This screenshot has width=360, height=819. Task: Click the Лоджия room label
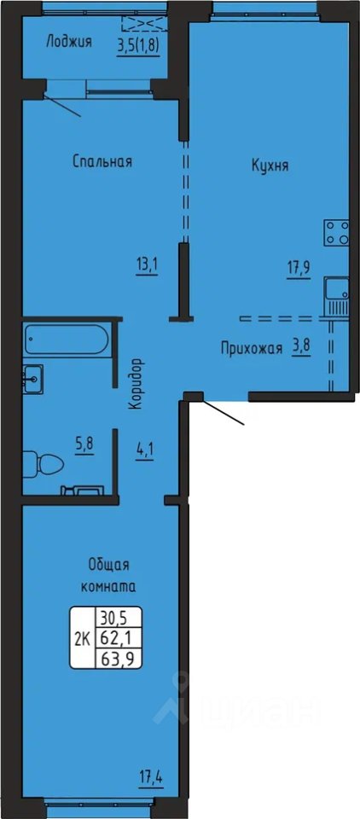pyautogui.click(x=69, y=42)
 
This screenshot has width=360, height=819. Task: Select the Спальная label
pyautogui.click(x=102, y=162)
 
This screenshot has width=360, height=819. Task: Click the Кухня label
pyautogui.click(x=270, y=166)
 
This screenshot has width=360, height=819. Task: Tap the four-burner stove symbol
pyautogui.click(x=336, y=232)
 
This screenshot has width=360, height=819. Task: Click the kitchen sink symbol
pyautogui.click(x=336, y=296)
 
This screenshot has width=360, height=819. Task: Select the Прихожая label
pyautogui.click(x=252, y=348)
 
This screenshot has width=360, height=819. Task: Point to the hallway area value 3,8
pyautogui.click(x=301, y=348)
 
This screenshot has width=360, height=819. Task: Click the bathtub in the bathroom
pyautogui.click(x=67, y=340)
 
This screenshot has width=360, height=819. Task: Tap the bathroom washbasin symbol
pyautogui.click(x=33, y=378)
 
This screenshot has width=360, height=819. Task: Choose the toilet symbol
pyautogui.click(x=43, y=464)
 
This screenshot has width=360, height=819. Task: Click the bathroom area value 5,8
pyautogui.click(x=84, y=447)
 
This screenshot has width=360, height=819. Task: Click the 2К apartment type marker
pyautogui.click(x=82, y=638)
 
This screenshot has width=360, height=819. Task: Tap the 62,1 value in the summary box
pyautogui.click(x=118, y=638)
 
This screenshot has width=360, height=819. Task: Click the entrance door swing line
pyautogui.click(x=224, y=413)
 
